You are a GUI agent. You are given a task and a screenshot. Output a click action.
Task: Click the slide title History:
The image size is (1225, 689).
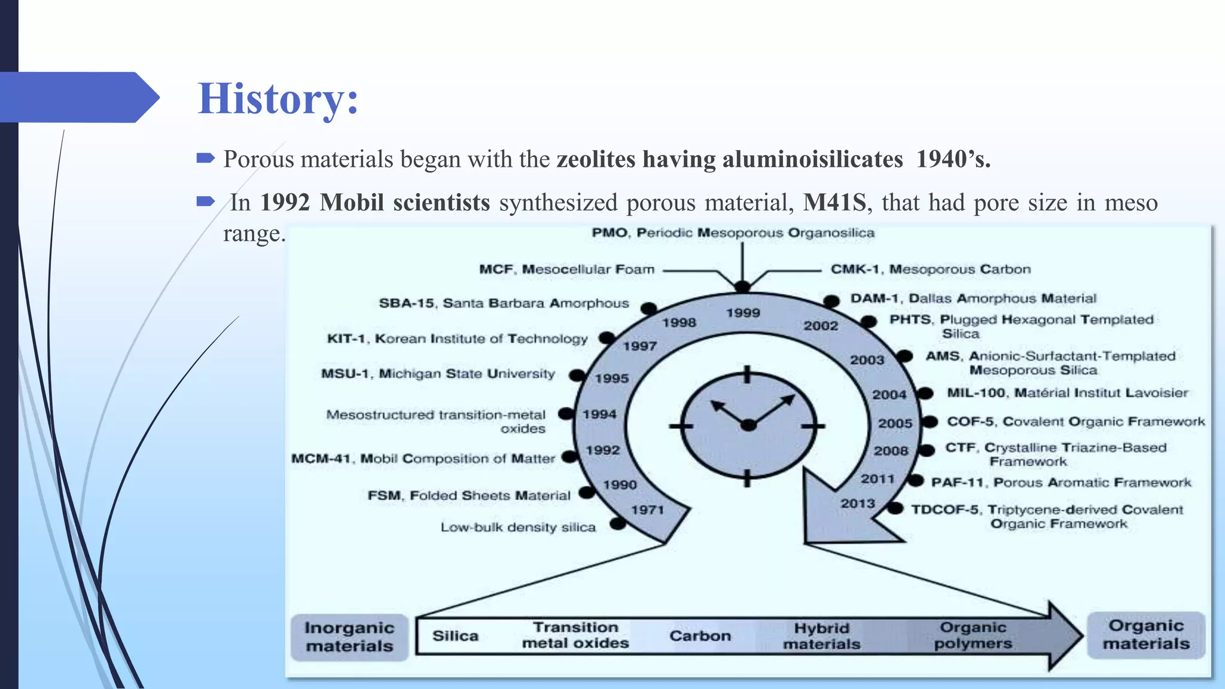278,99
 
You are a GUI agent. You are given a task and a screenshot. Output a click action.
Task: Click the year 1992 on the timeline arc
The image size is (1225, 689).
602,450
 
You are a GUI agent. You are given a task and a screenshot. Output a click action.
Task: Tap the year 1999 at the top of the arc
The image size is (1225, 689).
743,313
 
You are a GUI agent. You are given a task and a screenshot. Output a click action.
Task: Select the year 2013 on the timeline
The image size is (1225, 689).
858,504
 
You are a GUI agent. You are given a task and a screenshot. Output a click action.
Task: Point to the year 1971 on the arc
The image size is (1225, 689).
648,510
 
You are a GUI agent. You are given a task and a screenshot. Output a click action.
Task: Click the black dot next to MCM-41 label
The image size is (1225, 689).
569,457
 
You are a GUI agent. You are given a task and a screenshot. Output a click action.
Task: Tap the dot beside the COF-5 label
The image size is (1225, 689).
929,422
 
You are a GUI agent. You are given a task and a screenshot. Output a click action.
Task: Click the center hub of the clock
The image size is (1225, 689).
748,425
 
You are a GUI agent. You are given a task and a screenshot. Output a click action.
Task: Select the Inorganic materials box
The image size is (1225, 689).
349,637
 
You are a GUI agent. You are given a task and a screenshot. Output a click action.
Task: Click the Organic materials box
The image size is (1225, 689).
1146,635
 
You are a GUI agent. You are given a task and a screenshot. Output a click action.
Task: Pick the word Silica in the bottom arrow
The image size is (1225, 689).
455,636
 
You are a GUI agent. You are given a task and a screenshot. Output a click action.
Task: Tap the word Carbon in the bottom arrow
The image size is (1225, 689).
700,636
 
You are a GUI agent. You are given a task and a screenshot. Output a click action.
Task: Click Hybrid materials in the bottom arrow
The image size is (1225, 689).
822,636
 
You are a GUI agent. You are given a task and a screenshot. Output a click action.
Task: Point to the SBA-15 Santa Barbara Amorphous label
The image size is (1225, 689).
504,303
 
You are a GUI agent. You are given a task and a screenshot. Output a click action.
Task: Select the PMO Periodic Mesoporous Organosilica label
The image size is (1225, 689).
733,233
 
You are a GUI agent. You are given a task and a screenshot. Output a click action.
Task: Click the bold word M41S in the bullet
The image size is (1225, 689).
834,202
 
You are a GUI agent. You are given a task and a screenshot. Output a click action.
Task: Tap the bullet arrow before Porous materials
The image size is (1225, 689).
205,158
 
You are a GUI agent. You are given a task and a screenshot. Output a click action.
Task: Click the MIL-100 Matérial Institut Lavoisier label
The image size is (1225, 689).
1067,393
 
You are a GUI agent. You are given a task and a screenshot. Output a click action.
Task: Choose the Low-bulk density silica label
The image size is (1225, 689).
518,528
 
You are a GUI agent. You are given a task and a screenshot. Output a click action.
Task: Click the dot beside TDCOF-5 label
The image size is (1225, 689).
895,508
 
